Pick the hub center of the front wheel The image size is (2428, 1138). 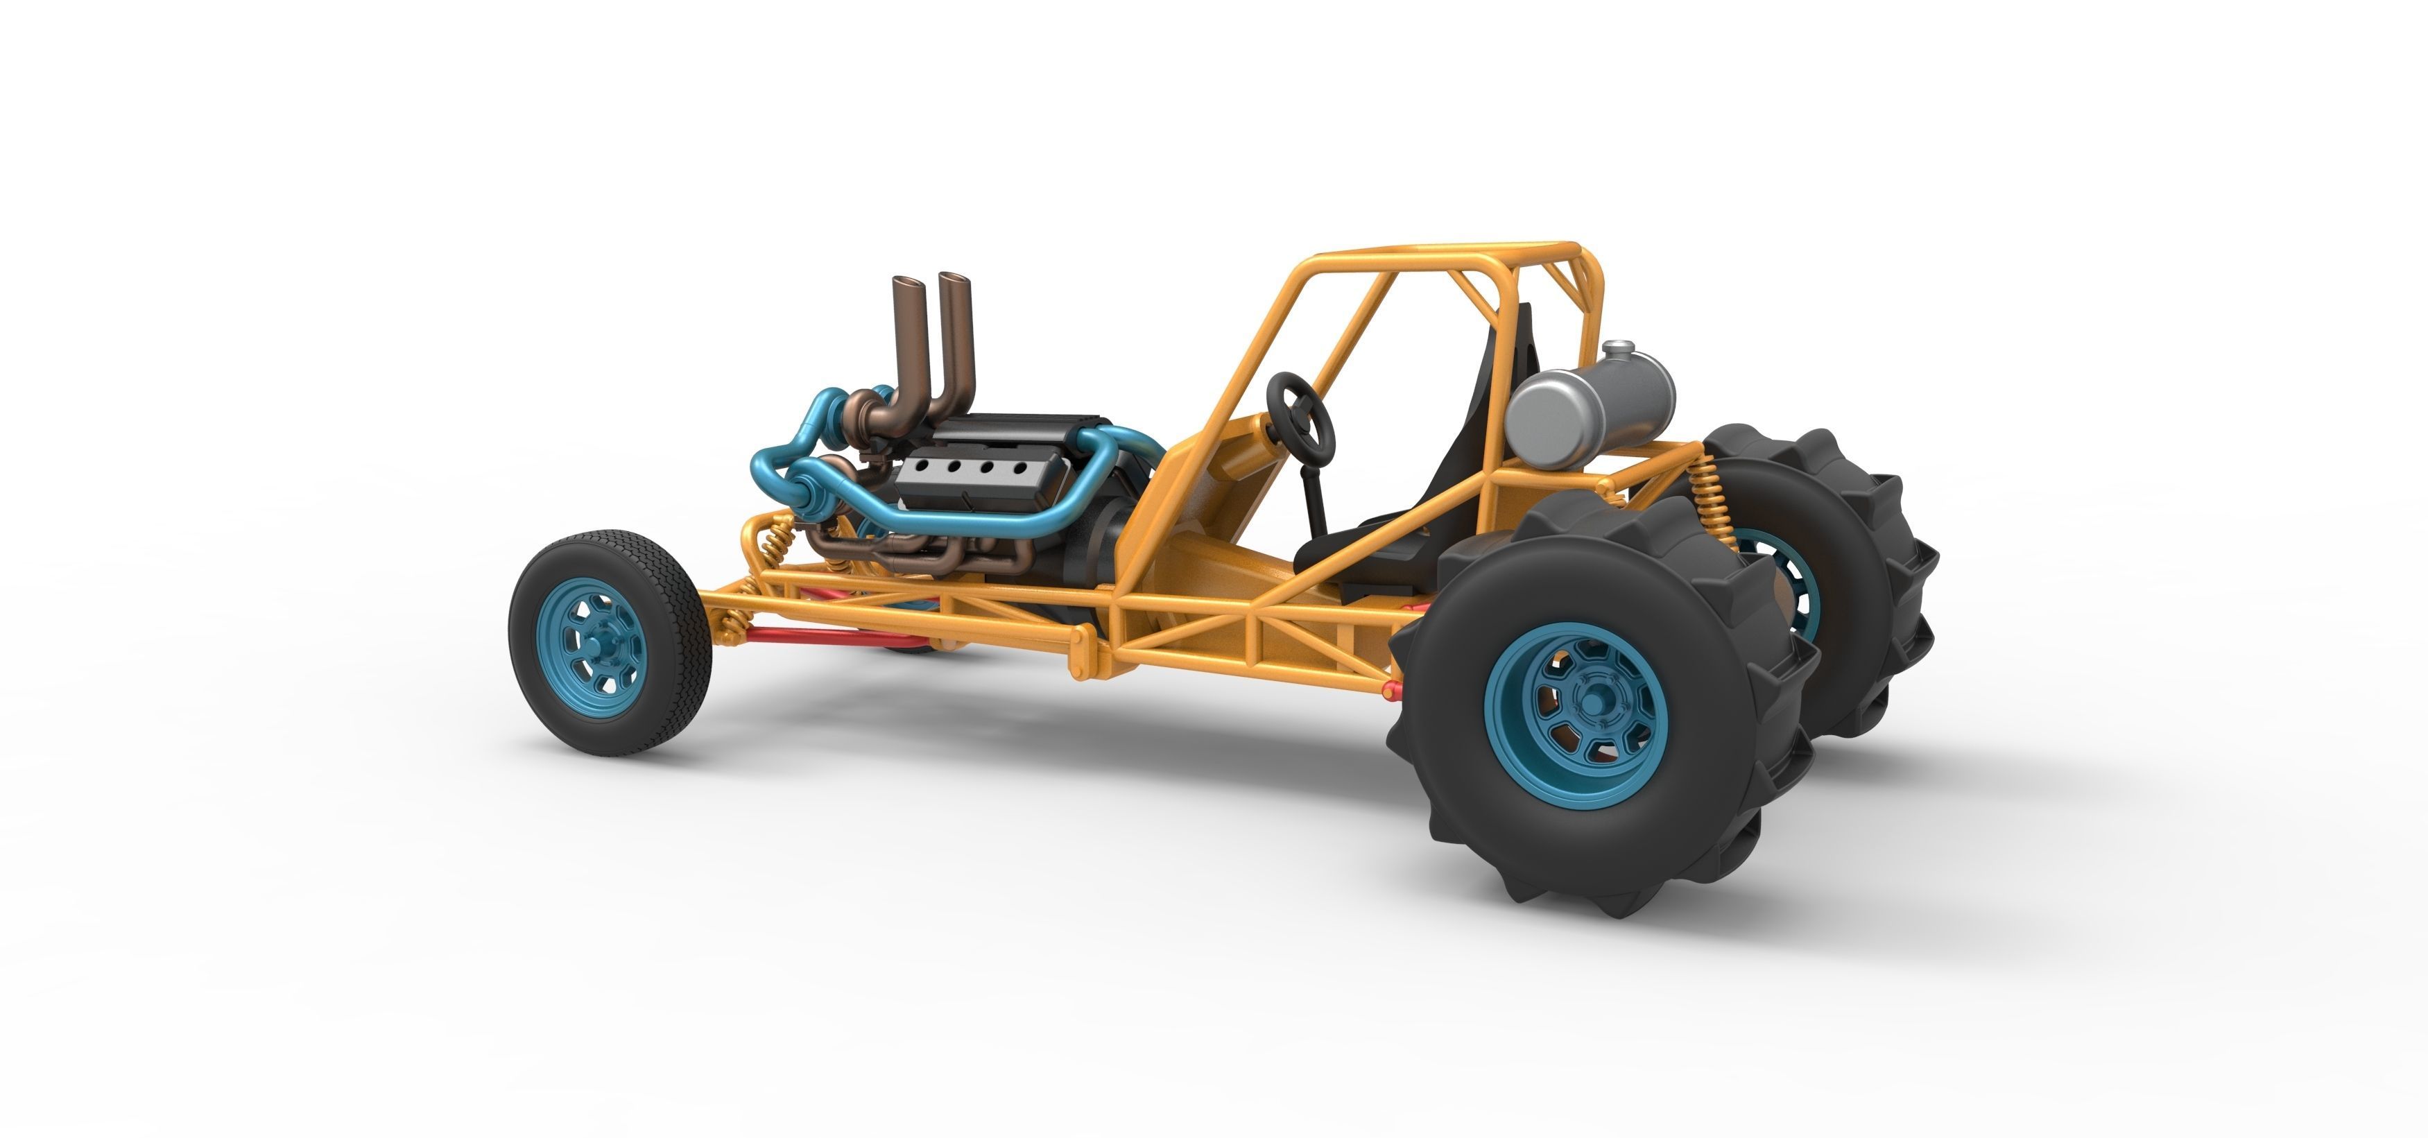pos(599,645)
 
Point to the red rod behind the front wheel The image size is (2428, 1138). pos(811,635)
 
